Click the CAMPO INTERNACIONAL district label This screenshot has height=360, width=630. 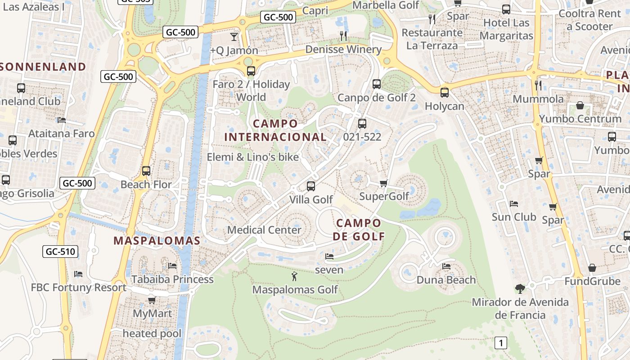pos(275,130)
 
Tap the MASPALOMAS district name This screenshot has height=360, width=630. pos(157,241)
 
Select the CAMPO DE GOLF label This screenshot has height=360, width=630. pos(359,229)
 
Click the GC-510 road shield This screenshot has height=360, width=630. pos(60,252)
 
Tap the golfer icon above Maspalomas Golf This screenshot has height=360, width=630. pos(294,276)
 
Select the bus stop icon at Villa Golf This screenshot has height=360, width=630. pos(310,186)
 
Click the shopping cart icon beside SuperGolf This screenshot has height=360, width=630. pos(383,183)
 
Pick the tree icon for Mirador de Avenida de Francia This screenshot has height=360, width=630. pos(520,288)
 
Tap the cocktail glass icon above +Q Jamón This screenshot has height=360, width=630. pos(234,36)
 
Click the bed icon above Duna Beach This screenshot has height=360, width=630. pos(446,266)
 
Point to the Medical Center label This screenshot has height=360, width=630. pos(264,230)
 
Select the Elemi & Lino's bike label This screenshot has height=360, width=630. pos(252,157)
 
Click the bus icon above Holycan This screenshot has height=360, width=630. pos(445,93)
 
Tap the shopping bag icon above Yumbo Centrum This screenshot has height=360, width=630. pos(580,106)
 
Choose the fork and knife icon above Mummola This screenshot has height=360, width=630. pos(538,85)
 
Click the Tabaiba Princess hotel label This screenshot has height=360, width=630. pos(172,279)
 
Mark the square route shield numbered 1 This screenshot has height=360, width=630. pos(500,343)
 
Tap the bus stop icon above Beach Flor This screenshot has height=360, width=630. pos(146,171)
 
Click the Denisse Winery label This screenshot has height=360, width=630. pos(343,49)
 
